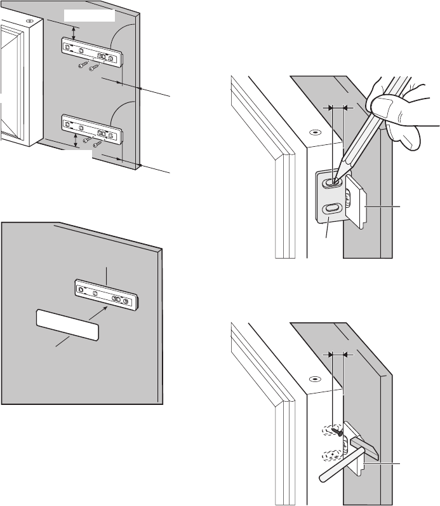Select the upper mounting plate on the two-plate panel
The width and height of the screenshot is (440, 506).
pyautogui.click(x=91, y=51)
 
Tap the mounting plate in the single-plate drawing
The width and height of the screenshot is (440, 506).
pyautogui.click(x=107, y=293)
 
